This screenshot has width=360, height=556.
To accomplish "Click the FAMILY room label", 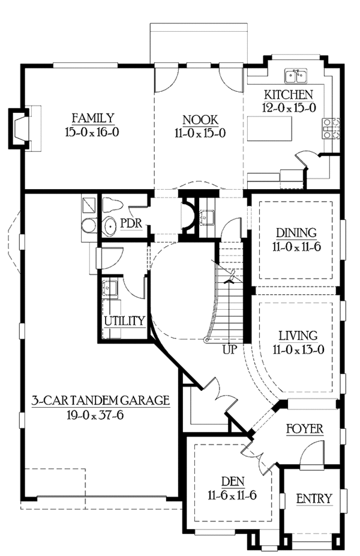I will [93, 117].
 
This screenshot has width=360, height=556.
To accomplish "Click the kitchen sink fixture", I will [296, 76].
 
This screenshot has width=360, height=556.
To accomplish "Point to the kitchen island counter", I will [275, 128].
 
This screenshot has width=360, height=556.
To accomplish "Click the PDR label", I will [130, 223].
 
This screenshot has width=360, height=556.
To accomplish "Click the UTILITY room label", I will [124, 321].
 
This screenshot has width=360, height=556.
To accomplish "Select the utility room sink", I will [112, 288].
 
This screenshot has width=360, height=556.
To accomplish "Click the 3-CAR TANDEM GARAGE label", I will [101, 400].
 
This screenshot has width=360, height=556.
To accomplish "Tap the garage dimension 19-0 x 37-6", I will [101, 414].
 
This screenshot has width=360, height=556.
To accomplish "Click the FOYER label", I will [304, 429].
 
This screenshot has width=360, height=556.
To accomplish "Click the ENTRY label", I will [314, 498].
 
